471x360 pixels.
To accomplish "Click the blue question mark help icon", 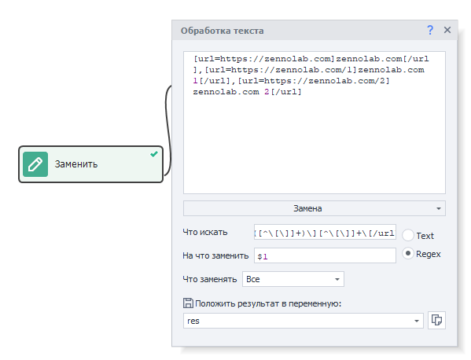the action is coord(430,30).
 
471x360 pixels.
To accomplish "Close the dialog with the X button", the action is coord(447,30).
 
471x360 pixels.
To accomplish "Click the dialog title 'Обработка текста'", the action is coord(223,31).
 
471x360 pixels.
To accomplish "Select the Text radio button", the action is coord(408,235).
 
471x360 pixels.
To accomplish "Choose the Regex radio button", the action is coord(408,254).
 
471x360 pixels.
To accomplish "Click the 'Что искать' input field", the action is coord(325,232).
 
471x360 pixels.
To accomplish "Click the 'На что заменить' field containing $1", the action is coord(325,255).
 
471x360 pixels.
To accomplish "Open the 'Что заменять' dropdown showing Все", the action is coord(293,279).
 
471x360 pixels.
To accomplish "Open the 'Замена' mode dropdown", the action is coord(315,208).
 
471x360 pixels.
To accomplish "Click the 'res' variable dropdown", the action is coord(303,321).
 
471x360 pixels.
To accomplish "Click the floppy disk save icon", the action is coord(188,303).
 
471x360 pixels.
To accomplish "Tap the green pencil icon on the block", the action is coord(35,164).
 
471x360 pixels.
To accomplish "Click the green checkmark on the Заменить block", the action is coord(154,154).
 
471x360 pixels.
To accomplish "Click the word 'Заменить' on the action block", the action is coord(76,164).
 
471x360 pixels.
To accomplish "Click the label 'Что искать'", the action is coord(205,232).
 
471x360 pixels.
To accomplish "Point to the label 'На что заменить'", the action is coord(215,255).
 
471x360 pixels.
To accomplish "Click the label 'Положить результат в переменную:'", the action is coord(268,303).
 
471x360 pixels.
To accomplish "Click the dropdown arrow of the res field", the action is coord(417,321).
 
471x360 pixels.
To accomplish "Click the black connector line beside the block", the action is coord(167,129).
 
